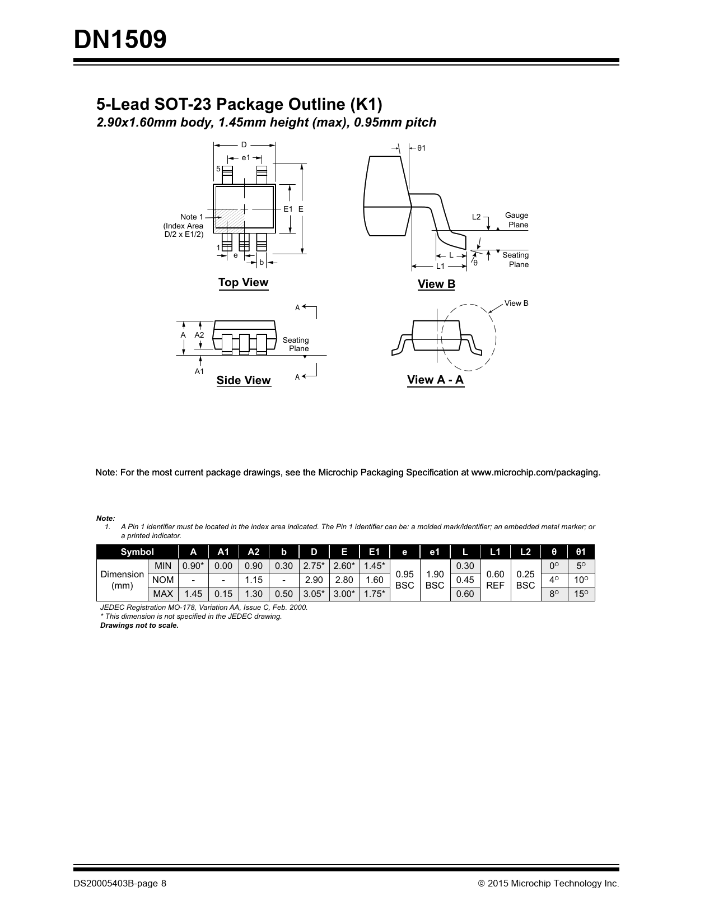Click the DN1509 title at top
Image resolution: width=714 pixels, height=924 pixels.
click(x=120, y=40)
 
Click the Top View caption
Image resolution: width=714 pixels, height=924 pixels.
click(x=243, y=282)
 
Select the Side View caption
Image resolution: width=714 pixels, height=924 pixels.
click(x=244, y=380)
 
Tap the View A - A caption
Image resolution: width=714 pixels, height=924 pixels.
click(x=435, y=380)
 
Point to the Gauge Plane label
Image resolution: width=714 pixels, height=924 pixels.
click(x=517, y=220)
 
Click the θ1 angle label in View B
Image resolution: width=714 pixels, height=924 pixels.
click(x=421, y=148)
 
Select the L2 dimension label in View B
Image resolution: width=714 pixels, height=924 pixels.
click(x=476, y=217)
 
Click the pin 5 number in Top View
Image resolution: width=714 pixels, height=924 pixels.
click(x=218, y=169)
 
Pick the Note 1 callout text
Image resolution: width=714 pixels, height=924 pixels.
click(x=192, y=217)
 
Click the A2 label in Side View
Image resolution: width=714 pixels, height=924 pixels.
click(x=199, y=335)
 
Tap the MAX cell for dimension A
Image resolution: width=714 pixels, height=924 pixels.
click(x=193, y=594)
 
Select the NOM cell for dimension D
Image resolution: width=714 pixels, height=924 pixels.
click(x=314, y=580)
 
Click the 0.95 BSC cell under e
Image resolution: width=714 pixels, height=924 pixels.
click(x=404, y=580)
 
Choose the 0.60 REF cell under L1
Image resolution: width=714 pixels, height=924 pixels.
click(x=495, y=580)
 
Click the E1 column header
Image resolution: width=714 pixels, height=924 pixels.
click(x=374, y=552)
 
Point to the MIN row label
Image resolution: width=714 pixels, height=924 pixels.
click(x=163, y=566)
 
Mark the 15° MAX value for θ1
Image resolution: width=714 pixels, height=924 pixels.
click(x=581, y=594)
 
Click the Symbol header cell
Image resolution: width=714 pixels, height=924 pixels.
click(x=137, y=552)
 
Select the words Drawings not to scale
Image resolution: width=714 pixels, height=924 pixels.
click(x=139, y=625)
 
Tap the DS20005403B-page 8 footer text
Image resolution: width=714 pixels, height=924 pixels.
click(x=120, y=883)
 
